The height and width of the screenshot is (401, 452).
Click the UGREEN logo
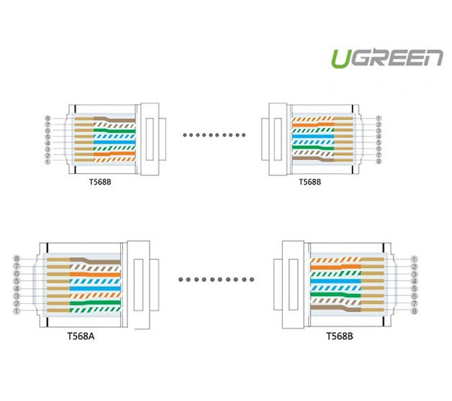coord(387,57)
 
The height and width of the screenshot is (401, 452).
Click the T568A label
coord(83,335)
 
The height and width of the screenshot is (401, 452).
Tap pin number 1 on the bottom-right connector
coord(414,259)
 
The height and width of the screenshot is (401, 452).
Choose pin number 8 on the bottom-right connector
coord(414,310)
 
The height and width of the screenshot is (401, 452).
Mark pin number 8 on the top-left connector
coord(48,118)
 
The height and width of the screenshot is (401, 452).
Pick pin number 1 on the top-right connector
coord(379,118)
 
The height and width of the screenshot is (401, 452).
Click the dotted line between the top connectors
coord(213,134)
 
